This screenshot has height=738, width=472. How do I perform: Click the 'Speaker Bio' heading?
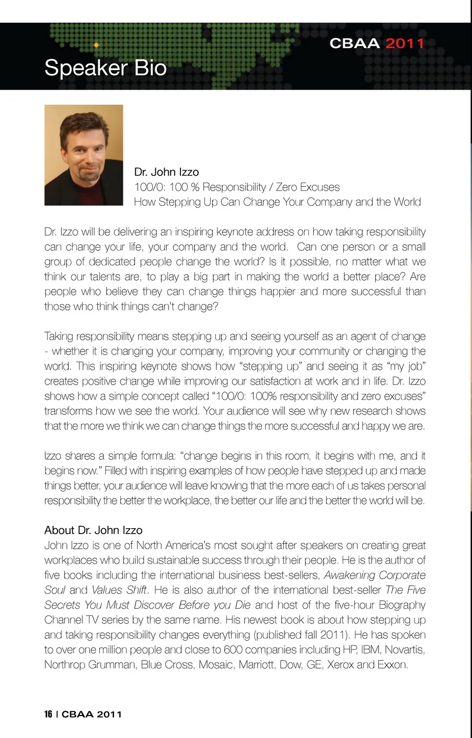(x=105, y=68)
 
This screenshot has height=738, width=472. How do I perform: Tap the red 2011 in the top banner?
(x=404, y=44)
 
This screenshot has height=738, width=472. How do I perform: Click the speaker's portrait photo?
(x=84, y=155)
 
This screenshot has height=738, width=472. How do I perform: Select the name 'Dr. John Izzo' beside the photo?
(x=166, y=172)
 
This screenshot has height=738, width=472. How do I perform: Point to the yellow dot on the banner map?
(x=96, y=45)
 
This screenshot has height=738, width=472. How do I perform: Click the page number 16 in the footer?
(x=48, y=714)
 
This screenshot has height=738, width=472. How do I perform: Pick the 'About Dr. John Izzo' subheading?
(x=93, y=530)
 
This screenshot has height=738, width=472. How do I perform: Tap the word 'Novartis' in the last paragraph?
(x=404, y=650)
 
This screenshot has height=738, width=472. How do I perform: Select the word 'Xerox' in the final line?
(x=340, y=665)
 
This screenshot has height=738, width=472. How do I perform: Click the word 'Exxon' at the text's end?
(x=392, y=665)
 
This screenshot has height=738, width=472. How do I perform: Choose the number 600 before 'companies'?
(x=233, y=650)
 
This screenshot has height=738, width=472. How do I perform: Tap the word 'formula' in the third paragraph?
(x=158, y=456)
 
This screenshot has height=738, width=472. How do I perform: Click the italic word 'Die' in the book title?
(x=242, y=605)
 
